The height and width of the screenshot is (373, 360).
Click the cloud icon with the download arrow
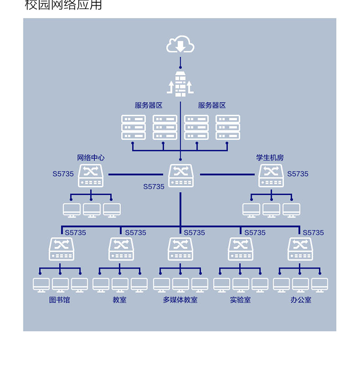pos(180,45)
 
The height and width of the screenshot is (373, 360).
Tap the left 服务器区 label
pos(149,106)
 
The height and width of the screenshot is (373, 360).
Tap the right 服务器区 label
pos(212,106)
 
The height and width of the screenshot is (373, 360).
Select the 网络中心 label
pos(91,157)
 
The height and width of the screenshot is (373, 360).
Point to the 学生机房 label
pos(270,157)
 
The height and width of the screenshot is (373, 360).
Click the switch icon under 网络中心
pos(91,176)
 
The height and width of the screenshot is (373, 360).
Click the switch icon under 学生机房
pos(271,176)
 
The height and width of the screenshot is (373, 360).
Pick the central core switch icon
pos(181,176)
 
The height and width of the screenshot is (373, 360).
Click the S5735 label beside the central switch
pos(154,187)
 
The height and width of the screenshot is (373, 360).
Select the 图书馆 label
pos(60,300)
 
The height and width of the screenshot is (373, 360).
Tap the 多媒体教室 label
pos(180,300)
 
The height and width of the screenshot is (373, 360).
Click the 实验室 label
pos(240,300)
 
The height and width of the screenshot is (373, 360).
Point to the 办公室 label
pos(300,300)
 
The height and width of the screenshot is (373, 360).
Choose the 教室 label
pos(120,300)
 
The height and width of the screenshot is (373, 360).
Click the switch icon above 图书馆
pos(61,249)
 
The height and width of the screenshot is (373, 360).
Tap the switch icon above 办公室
pos(300,249)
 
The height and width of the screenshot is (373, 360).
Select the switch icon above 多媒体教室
pos(180,249)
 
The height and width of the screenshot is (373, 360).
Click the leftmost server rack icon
pos(133,128)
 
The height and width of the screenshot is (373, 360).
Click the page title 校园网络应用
pos(63,6)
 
